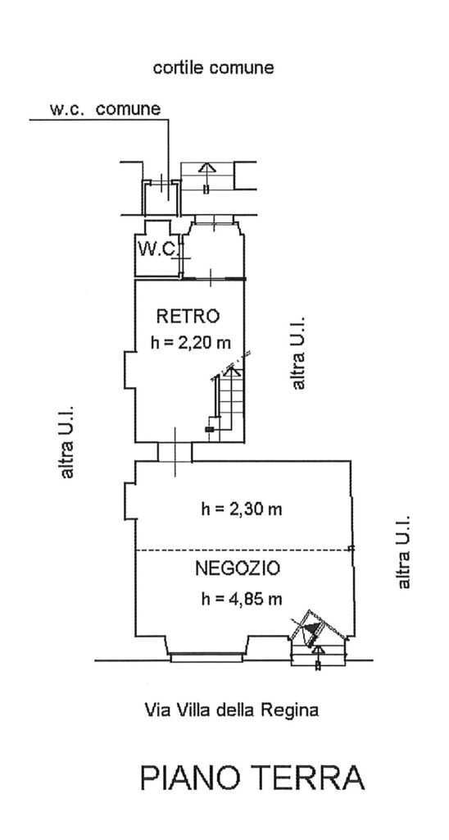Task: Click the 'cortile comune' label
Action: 214,68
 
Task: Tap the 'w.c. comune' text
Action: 106,109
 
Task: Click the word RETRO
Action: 188,316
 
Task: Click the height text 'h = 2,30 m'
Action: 242,509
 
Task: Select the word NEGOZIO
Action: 237,568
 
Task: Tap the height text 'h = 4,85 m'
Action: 242,599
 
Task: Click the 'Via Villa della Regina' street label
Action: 232,711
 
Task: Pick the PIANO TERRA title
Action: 252,778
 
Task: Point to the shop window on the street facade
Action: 208,657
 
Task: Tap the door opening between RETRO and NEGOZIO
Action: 175,452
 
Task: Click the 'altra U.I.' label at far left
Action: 67,441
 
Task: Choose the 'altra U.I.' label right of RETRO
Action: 297,352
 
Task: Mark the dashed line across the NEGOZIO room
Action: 243,550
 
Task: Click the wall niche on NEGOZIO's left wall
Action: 130,500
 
